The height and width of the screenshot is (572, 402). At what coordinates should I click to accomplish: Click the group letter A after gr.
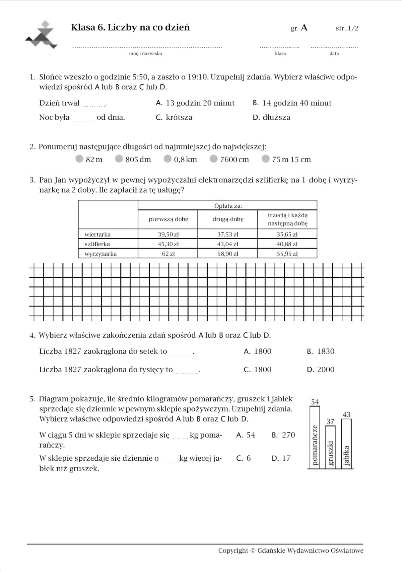[304, 28]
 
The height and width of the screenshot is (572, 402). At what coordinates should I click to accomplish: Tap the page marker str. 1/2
[347, 28]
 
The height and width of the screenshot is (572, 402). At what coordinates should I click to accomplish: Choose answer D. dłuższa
[271, 117]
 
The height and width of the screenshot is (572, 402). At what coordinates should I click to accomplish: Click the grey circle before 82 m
[79, 159]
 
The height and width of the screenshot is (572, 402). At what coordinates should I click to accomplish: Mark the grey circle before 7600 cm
[214, 159]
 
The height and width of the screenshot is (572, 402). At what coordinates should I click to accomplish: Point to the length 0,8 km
[185, 160]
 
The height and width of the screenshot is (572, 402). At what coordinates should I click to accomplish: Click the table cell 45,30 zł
[168, 244]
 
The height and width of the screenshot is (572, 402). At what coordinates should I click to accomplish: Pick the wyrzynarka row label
[100, 254]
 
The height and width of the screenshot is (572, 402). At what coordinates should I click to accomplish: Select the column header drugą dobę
[228, 219]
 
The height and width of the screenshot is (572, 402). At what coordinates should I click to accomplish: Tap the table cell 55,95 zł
[287, 254]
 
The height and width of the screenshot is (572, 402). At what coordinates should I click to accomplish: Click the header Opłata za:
[228, 206]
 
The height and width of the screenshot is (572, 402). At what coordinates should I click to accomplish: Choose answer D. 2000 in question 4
[321, 370]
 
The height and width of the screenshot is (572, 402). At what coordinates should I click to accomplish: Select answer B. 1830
[321, 351]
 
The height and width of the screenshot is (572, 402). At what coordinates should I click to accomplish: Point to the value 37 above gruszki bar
[330, 421]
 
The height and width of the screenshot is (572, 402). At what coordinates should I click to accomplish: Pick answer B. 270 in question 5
[283, 435]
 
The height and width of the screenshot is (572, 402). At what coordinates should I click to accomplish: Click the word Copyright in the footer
[233, 551]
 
